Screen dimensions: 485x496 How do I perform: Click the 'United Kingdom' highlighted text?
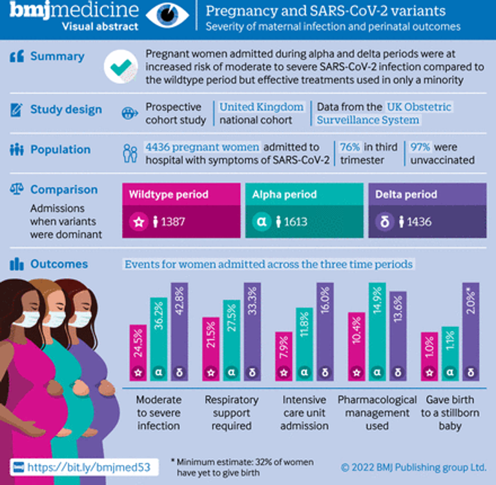(262, 106)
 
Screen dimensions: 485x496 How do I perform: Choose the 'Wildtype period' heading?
(169, 194)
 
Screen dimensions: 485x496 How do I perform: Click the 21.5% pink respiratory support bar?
(211, 348)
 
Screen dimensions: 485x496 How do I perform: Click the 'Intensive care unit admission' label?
(304, 413)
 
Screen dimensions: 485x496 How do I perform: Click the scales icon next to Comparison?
(17, 189)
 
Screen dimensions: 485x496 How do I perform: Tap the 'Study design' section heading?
(66, 110)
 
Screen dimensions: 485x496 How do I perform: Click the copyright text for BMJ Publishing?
(413, 466)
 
